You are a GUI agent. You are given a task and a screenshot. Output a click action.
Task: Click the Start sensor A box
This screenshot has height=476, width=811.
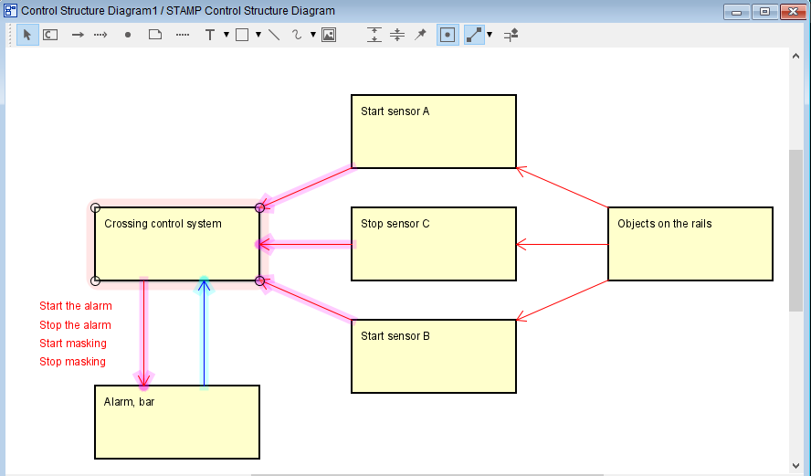point(434,132)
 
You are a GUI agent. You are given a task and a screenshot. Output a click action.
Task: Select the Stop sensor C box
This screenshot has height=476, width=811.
point(434,244)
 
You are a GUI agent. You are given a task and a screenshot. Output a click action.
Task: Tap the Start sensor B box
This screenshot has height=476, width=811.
point(434,356)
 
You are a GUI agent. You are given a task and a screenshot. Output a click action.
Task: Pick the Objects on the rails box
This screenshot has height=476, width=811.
point(690,244)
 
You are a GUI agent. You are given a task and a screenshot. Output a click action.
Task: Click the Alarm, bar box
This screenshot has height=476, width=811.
point(177,422)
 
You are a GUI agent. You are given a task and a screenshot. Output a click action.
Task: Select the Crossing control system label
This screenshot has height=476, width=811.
point(163,224)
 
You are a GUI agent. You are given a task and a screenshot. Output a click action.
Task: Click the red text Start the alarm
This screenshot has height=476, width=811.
point(76,306)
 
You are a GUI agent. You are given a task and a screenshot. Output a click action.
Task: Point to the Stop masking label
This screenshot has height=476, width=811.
point(72,362)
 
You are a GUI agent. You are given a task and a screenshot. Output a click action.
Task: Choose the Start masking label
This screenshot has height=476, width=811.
point(73,343)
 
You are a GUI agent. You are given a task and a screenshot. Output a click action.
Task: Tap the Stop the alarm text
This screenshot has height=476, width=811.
point(75,325)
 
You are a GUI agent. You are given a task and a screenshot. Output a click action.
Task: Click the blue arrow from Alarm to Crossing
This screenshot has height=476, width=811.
point(204,333)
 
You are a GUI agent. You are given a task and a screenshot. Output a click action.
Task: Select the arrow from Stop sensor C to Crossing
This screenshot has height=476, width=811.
point(306,244)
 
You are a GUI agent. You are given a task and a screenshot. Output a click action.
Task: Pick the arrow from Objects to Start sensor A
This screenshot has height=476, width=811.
point(563,187)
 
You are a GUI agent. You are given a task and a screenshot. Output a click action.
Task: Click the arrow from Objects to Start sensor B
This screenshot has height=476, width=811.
point(563,300)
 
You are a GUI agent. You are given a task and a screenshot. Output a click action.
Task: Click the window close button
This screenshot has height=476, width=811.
point(793,11)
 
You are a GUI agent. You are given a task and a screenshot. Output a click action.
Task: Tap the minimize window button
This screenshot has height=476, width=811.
point(737,11)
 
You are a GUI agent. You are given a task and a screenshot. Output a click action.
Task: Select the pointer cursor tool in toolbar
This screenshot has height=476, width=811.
point(27,35)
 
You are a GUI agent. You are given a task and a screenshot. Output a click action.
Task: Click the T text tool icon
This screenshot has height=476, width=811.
point(209,35)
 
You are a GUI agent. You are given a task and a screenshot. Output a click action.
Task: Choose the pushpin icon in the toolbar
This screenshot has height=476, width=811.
point(420,35)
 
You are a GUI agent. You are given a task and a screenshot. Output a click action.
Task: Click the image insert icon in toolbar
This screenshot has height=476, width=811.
point(329,35)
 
